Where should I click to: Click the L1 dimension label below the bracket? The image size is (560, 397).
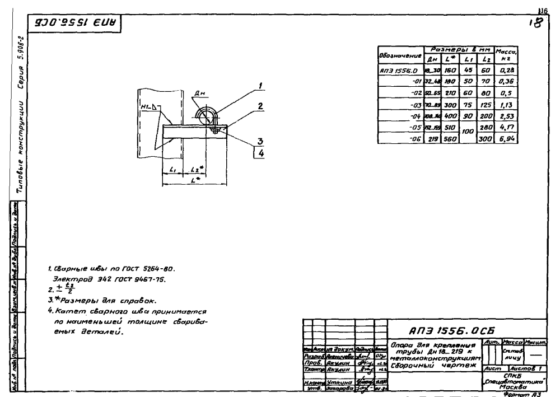(171, 169)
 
